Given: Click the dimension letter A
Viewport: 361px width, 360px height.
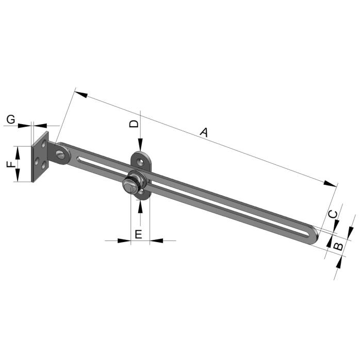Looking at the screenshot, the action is click(x=204, y=132).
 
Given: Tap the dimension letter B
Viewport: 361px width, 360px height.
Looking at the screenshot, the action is click(x=338, y=247).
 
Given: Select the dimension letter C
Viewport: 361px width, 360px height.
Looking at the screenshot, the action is click(x=333, y=214).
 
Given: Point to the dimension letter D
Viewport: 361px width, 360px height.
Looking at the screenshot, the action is click(x=134, y=124).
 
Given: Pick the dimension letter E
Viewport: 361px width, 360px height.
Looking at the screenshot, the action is click(x=138, y=235).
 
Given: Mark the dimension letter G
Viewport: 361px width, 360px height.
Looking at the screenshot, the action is click(x=11, y=119).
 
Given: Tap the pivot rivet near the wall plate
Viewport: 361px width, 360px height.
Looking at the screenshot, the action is click(x=60, y=154).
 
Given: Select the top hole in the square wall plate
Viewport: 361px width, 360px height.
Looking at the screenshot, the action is click(x=44, y=144).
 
